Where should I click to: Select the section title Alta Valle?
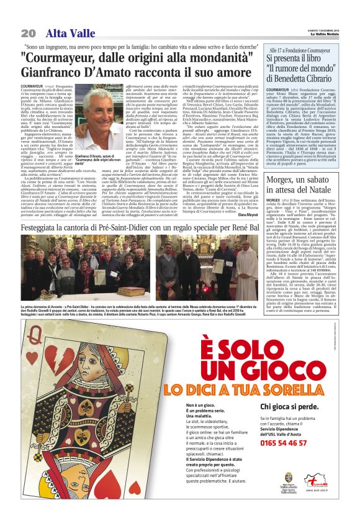point(65,33)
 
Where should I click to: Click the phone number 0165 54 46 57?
point(283,443)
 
